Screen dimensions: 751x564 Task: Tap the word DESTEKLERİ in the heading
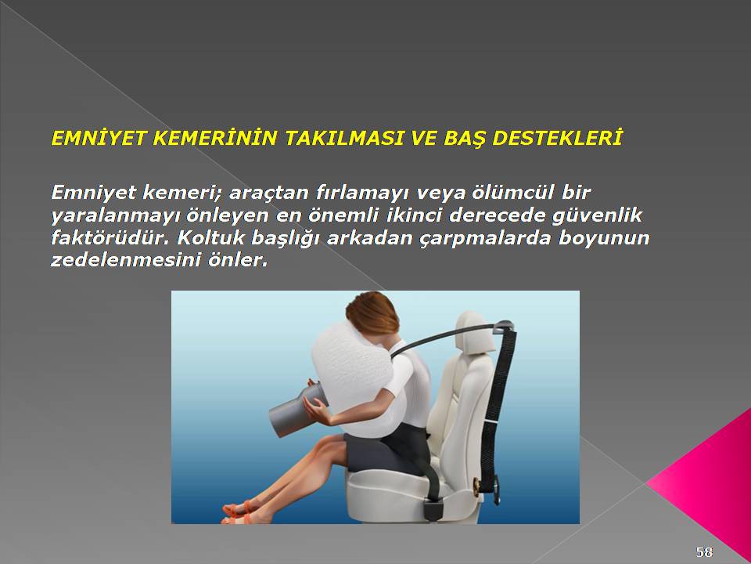click(557, 138)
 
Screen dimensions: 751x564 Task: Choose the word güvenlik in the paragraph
click(597, 215)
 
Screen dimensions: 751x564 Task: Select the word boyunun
click(603, 238)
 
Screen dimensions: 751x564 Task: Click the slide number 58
click(704, 551)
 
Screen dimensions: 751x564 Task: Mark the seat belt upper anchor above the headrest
click(504, 328)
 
